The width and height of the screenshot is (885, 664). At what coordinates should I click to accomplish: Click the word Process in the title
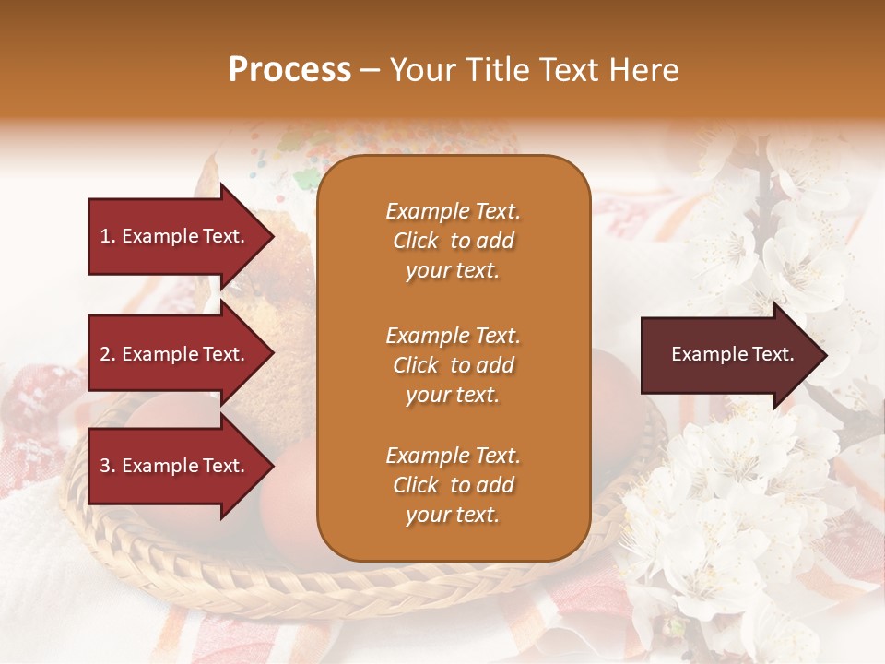click(289, 70)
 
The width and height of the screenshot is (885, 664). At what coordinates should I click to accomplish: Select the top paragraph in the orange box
click(453, 241)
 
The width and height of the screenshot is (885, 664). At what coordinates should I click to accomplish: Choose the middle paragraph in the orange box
click(453, 365)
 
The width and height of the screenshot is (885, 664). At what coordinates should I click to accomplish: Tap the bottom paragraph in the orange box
click(453, 485)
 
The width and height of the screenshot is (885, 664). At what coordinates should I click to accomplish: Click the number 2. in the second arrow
click(108, 354)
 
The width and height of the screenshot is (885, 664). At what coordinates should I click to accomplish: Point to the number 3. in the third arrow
click(108, 466)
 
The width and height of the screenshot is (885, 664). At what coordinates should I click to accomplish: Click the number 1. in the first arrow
click(108, 236)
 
